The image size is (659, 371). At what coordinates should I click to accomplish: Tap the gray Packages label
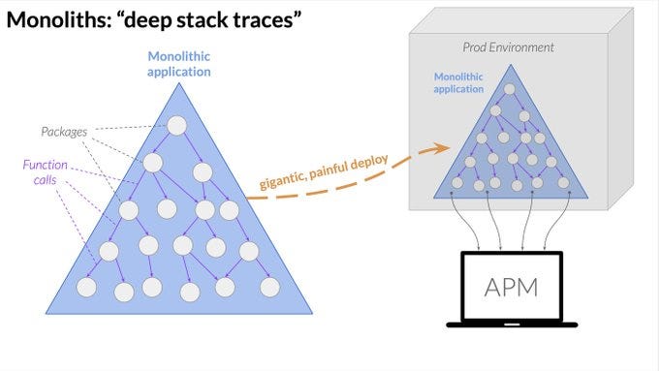64,130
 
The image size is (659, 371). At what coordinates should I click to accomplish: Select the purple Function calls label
46,171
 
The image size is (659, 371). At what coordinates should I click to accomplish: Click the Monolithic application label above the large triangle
177,64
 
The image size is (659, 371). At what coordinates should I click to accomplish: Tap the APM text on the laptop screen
510,287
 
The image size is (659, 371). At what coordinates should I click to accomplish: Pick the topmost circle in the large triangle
176,125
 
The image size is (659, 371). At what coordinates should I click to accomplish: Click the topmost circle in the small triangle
509,89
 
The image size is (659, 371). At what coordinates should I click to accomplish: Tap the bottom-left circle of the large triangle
86,287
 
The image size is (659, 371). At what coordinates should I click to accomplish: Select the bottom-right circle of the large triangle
269,287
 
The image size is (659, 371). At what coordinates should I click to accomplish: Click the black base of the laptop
511,324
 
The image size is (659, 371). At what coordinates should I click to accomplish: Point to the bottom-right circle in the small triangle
563,182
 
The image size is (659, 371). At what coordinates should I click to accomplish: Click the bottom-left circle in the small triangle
457,182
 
